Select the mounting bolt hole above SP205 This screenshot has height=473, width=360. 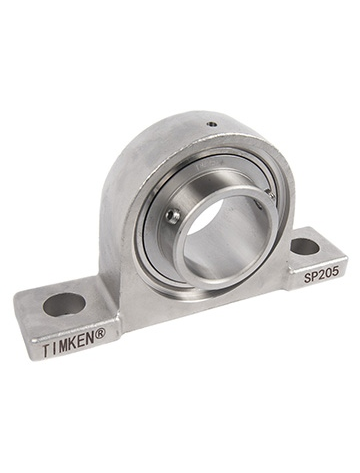[305, 243]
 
